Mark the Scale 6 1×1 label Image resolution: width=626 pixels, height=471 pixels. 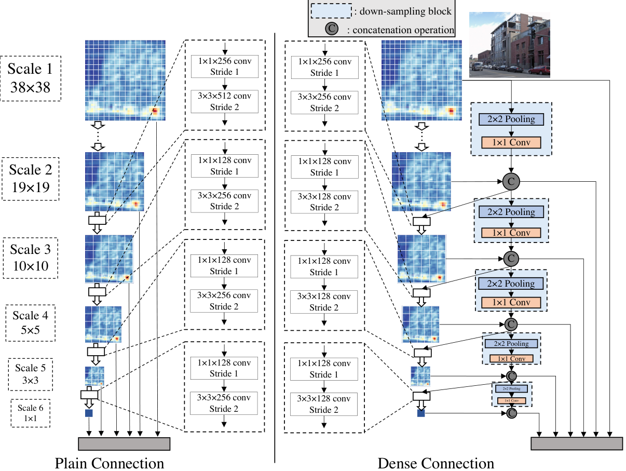click(x=31, y=412)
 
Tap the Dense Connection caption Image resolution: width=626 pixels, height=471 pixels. click(x=436, y=463)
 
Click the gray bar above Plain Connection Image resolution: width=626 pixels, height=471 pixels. click(x=124, y=443)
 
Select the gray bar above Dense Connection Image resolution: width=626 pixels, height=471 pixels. click(x=577, y=443)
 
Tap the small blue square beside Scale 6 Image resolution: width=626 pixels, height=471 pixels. click(x=88, y=413)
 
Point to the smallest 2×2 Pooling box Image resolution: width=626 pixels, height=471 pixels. click(x=511, y=388)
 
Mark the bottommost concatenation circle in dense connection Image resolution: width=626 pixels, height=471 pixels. click(x=511, y=413)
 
